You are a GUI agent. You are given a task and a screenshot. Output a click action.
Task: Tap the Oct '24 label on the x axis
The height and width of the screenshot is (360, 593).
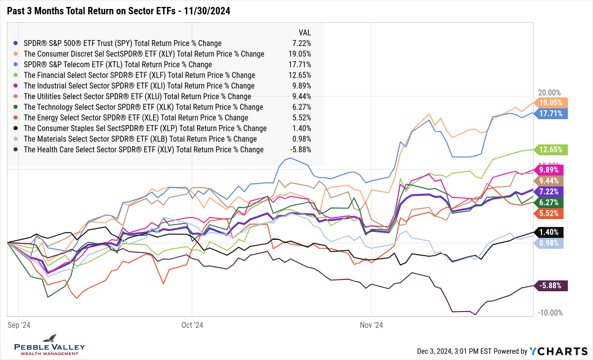click(192, 325)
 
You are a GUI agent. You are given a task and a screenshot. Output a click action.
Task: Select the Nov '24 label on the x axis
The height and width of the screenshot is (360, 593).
click(372, 325)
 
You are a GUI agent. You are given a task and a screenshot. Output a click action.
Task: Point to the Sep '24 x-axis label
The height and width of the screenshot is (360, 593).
click(19, 325)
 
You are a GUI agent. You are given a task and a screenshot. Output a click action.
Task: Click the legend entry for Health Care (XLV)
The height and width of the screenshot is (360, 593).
click(143, 150)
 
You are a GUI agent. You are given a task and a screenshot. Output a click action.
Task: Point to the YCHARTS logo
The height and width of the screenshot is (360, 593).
click(557, 351)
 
